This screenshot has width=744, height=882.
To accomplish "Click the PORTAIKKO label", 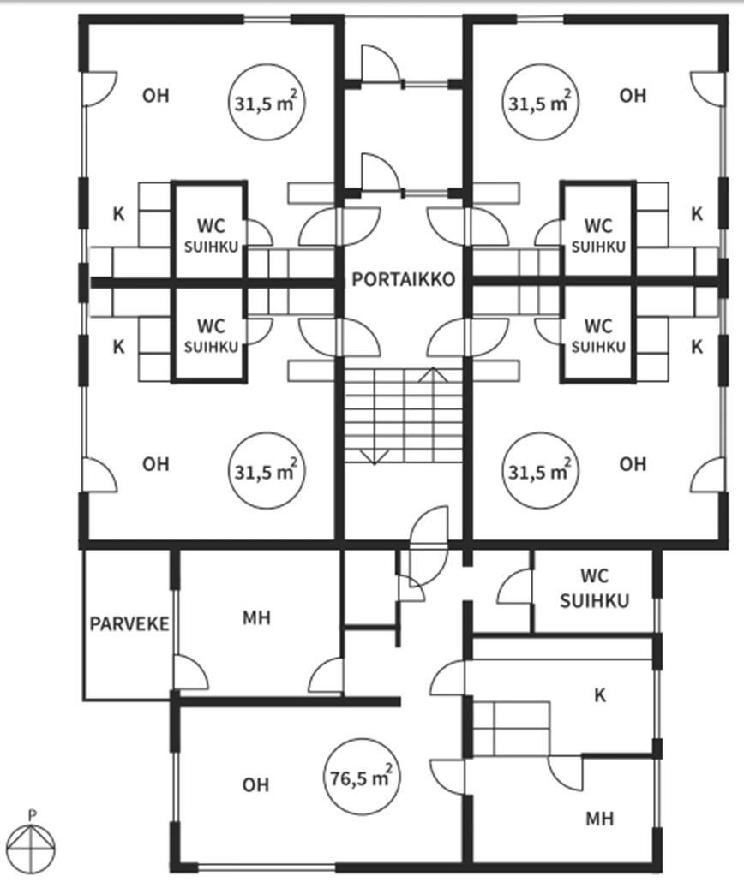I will click(x=402, y=280).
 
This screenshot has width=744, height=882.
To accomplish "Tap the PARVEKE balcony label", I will click(x=129, y=623).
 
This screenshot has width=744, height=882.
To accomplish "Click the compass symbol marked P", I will click(x=32, y=844).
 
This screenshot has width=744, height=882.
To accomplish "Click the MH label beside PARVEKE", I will click(x=256, y=617).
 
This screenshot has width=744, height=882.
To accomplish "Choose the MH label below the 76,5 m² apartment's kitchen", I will click(x=599, y=818).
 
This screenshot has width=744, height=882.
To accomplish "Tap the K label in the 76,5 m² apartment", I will click(x=600, y=694).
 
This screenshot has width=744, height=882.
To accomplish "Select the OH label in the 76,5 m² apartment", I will click(x=255, y=784).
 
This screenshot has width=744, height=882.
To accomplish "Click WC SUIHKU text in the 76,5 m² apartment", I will click(x=594, y=587).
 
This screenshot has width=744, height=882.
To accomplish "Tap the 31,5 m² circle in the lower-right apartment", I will click(x=539, y=470).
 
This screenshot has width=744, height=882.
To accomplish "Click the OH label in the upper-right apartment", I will click(x=633, y=96).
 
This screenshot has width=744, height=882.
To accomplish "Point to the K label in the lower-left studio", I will click(x=118, y=347).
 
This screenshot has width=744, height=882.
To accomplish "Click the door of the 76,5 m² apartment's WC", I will click(x=516, y=587).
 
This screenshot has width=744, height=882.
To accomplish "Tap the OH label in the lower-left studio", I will click(x=156, y=464).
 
